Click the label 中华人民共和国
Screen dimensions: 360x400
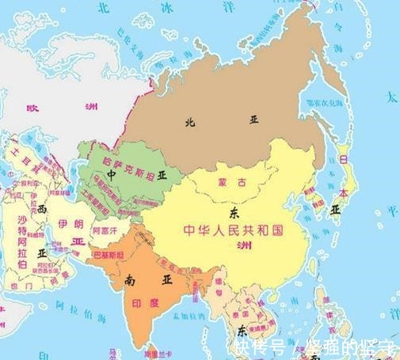233,229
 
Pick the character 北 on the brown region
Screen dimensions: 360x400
189,122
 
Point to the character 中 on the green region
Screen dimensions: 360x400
112,172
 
